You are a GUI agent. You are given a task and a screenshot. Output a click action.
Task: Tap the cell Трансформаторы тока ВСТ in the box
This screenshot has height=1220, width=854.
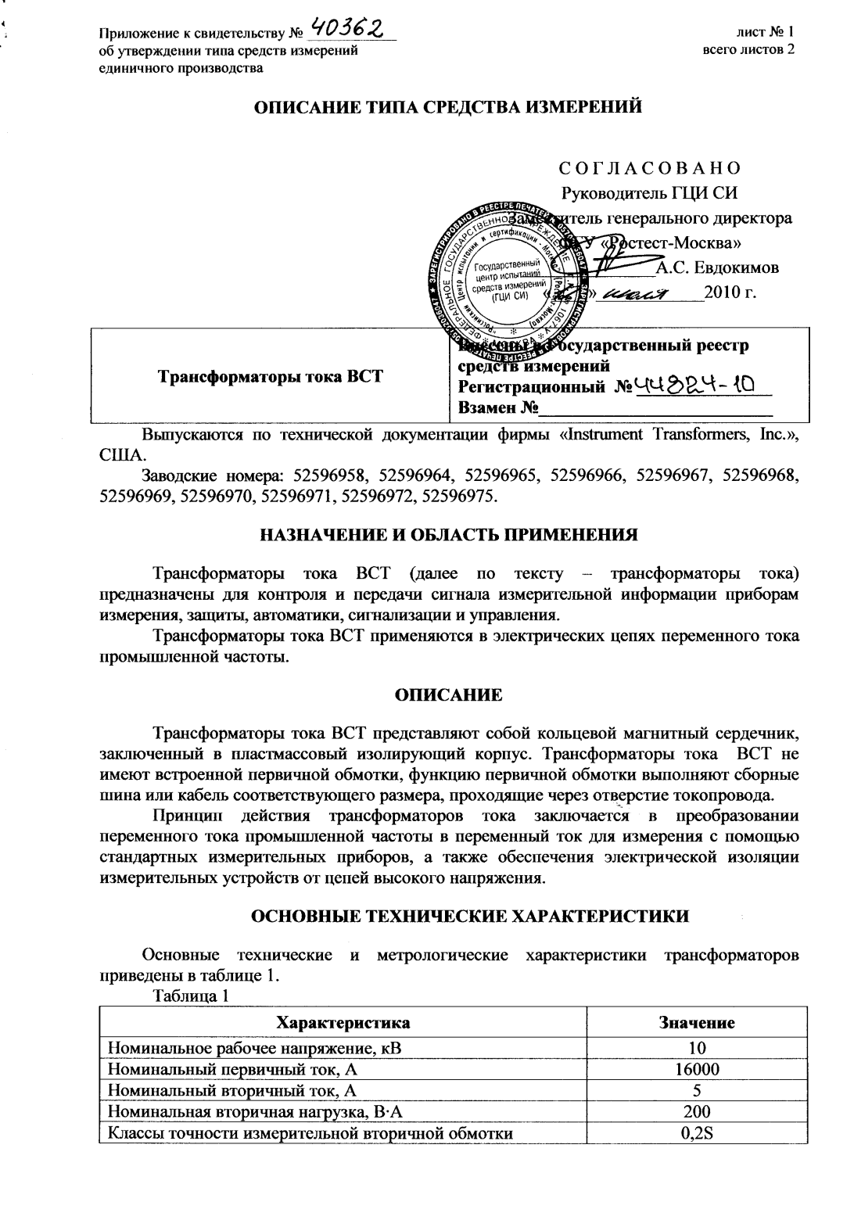(271, 376)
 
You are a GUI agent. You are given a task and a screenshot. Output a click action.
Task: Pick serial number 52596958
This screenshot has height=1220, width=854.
(328, 475)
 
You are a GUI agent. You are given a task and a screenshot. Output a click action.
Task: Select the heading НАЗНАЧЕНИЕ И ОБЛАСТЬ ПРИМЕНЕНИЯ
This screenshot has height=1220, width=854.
(449, 536)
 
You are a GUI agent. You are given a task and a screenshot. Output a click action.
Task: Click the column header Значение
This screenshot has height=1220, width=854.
(698, 1022)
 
